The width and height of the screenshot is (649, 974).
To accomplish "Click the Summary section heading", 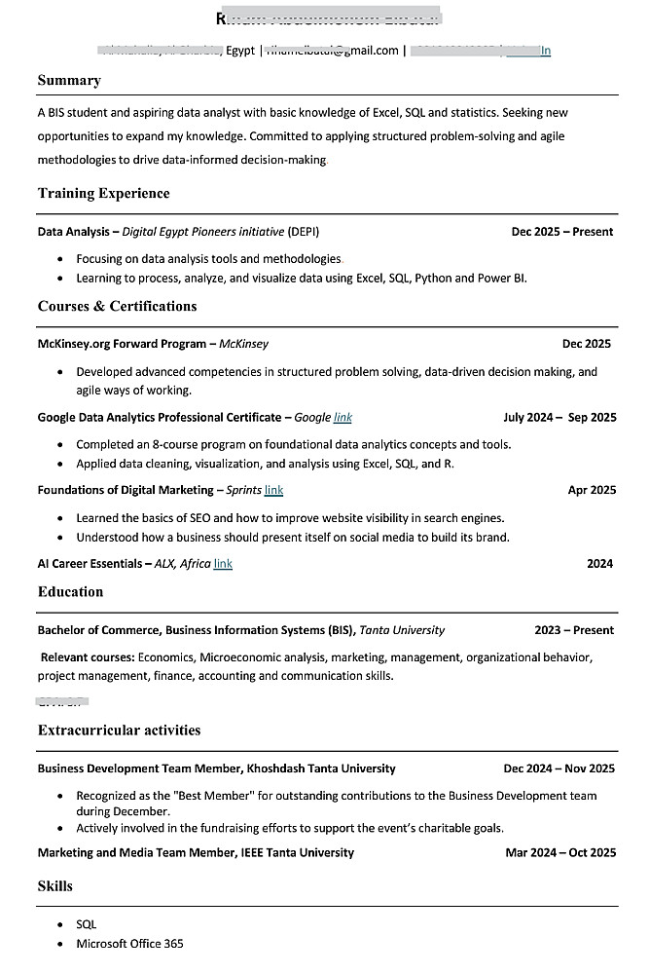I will click(69, 80).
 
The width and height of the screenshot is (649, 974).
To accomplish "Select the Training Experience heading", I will click(103, 193).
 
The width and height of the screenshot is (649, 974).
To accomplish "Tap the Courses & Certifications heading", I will click(117, 306).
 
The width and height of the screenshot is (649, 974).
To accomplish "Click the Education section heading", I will click(70, 591).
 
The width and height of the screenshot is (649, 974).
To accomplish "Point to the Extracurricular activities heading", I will click(119, 730).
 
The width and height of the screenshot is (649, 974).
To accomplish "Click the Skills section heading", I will click(55, 885).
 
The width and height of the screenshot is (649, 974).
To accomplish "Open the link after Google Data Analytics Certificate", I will click(343, 417).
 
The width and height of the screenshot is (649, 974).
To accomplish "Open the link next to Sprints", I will click(273, 490).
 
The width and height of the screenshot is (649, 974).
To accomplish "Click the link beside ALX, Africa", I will click(223, 563).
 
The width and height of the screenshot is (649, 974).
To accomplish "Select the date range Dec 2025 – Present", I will click(562, 232).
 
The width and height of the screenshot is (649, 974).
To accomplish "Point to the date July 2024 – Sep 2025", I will click(559, 417).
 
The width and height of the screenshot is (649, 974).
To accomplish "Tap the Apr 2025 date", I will click(592, 490).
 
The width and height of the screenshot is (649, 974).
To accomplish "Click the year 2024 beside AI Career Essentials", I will click(600, 563).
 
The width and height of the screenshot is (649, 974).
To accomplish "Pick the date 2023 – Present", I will click(574, 630).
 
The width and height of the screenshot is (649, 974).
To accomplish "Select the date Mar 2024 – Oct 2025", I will click(560, 852).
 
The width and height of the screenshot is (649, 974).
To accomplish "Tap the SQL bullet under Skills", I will click(86, 923).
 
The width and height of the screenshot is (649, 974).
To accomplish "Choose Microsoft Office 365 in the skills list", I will click(129, 943).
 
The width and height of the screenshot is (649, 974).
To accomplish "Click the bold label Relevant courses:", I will click(88, 656).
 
